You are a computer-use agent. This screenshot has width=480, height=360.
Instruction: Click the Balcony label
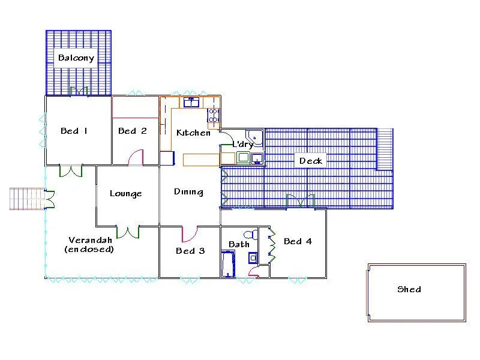[76, 58]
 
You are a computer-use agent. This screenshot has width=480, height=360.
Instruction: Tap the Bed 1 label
[74, 131]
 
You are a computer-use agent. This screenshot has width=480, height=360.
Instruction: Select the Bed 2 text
[132, 131]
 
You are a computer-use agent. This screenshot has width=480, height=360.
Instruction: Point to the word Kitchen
[193, 133]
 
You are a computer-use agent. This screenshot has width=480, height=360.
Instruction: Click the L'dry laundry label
[242, 145]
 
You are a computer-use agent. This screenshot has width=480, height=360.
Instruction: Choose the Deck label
[311, 160]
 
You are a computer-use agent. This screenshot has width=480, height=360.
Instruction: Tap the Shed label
[409, 289]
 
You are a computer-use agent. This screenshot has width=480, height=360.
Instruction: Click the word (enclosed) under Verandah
[89, 249]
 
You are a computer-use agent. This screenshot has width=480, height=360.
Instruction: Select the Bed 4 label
[298, 241]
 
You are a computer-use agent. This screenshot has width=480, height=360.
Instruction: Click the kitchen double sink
[191, 102]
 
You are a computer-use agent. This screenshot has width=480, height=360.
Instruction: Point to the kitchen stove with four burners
[213, 115]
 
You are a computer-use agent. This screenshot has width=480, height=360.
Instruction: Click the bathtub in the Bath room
[227, 265]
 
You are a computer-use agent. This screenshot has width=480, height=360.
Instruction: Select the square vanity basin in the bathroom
[253, 258]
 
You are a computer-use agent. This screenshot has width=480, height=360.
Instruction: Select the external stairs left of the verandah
[26, 199]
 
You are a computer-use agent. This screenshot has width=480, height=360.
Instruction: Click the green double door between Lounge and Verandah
[128, 232]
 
